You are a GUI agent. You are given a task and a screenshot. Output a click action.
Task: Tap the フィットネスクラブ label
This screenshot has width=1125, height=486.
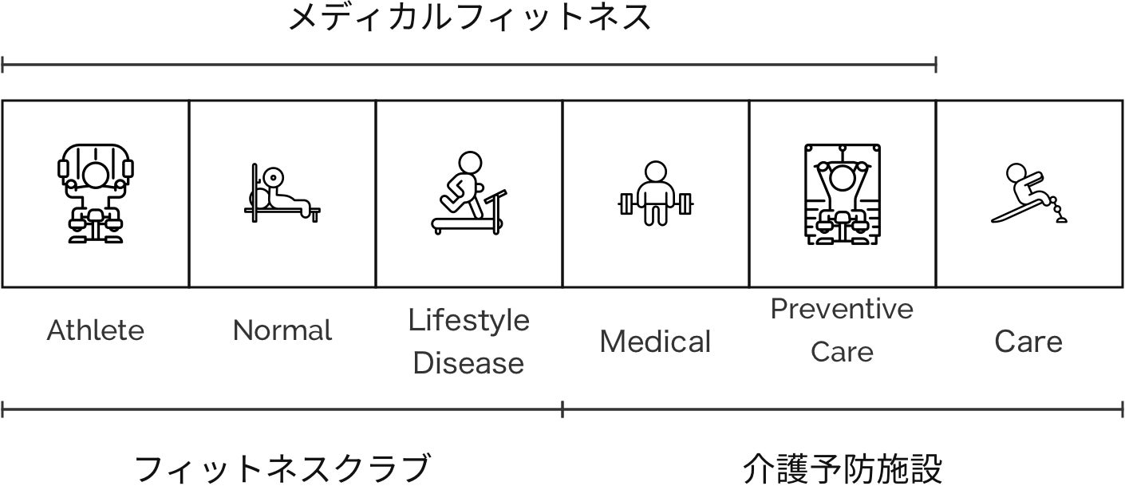(282, 468)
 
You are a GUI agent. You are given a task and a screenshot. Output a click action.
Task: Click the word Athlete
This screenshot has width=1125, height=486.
(96, 330)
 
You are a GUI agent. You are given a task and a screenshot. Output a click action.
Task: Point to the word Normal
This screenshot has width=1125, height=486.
(282, 330)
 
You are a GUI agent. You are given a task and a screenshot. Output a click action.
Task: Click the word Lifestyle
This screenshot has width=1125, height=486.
(469, 320)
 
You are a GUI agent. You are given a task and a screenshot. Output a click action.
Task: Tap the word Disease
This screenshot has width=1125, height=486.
(469, 364)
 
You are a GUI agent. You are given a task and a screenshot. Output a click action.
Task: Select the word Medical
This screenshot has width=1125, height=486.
(655, 342)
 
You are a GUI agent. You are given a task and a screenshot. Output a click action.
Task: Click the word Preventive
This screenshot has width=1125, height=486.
(842, 309)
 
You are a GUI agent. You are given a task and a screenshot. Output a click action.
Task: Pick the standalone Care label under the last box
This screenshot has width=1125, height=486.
(1028, 342)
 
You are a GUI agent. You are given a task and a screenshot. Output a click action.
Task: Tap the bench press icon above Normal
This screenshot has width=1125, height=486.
(282, 194)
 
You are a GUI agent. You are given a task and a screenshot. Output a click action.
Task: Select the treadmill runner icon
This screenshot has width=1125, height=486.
(469, 194)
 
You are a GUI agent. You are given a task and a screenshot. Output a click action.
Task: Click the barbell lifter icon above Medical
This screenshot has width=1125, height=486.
(655, 194)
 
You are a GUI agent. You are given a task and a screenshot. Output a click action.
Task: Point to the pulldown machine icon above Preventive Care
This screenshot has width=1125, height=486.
(842, 194)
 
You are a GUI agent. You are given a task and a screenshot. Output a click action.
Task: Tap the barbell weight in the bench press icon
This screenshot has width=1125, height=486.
(274, 176)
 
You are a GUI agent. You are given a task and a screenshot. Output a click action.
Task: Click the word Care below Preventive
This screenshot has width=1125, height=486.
(842, 352)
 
